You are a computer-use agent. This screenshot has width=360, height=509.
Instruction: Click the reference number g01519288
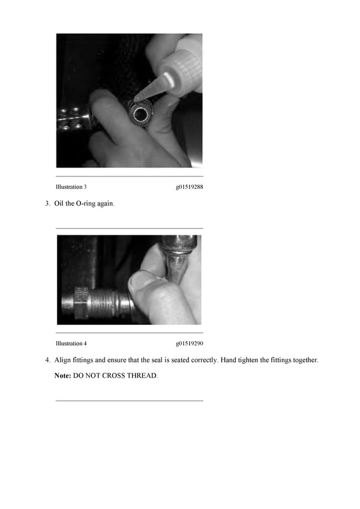click(189, 187)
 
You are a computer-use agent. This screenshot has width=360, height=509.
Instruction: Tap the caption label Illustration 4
click(71, 344)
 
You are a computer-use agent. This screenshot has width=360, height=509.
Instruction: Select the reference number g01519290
click(189, 344)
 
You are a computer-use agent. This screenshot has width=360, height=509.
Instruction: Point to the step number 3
click(47, 204)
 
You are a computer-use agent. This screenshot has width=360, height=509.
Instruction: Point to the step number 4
click(47, 360)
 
